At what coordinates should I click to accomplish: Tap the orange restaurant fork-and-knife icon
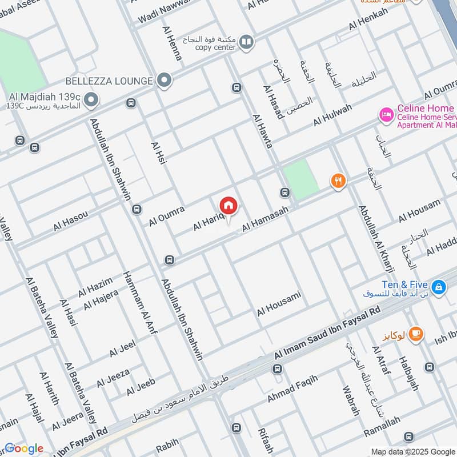338,181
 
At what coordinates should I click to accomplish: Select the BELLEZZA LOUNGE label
110,81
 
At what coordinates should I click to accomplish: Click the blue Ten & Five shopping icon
438,287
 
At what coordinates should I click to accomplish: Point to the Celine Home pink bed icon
387,115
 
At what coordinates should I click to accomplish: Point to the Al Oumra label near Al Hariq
167,217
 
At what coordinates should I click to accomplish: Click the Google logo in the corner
23,448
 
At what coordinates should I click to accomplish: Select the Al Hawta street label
262,132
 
